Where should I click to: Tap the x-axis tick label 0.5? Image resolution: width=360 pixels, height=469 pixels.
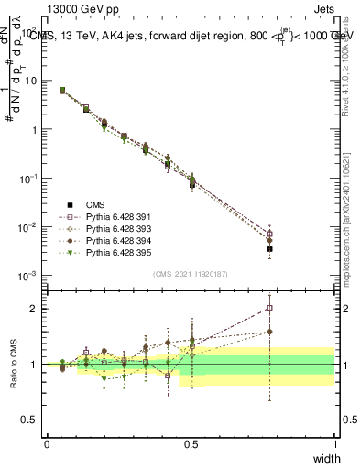point(191,444)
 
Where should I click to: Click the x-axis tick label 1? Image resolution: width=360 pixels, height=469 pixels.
point(334,444)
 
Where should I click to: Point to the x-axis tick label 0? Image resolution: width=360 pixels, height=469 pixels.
point(47,444)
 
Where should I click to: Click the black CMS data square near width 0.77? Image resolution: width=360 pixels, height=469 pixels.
point(269,248)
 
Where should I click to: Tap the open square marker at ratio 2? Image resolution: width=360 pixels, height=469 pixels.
point(269,308)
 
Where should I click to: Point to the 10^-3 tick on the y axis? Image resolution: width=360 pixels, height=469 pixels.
point(28,276)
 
